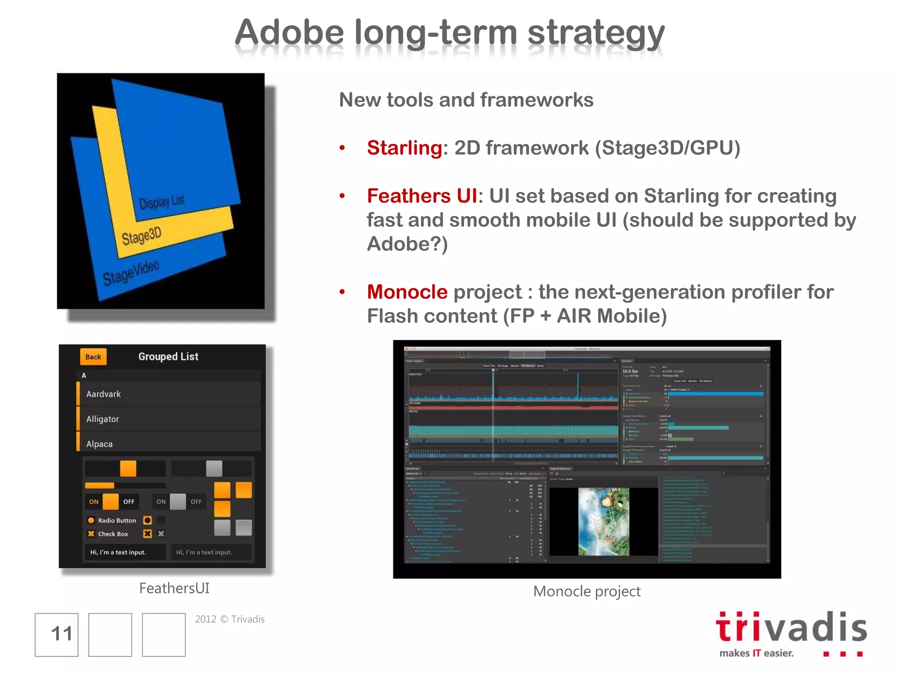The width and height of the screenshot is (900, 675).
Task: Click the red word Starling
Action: coord(404,148)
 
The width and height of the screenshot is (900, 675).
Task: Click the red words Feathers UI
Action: coord(422,196)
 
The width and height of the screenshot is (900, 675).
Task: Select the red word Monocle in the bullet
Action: coord(407,292)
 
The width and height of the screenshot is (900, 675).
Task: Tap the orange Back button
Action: coord(93,357)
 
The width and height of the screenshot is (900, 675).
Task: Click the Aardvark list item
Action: coord(104,394)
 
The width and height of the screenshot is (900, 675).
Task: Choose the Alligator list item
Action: coord(103,419)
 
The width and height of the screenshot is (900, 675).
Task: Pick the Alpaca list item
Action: coord(100,444)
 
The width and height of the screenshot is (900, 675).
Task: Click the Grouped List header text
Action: coord(168,356)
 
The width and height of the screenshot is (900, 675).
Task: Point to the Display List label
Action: coord(162,202)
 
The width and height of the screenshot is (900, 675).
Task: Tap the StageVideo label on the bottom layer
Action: coord(131,273)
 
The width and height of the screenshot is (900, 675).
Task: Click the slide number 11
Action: coord(61,634)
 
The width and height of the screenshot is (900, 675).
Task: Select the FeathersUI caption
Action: coord(174,588)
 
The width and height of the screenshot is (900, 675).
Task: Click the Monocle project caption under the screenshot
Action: coord(587,592)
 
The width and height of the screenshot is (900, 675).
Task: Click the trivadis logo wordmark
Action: coord(791,628)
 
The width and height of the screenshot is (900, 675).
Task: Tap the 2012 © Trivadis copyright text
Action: coord(230,619)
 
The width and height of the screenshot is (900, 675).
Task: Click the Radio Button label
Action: coord(117,521)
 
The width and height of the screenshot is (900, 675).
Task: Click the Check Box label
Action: coord(113,534)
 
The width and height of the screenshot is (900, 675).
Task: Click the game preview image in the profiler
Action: coord(604,522)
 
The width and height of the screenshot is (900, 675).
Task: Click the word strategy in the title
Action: coord(596,33)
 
